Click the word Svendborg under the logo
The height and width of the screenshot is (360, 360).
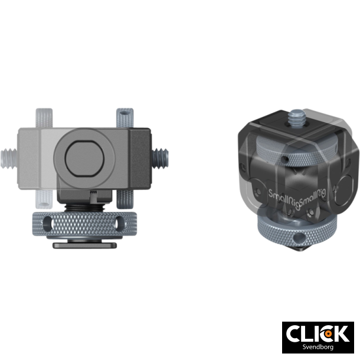[x=318, y=348]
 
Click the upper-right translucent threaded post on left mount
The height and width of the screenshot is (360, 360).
[x=124, y=117]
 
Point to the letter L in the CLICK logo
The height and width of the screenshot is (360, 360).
[x=309, y=333]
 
